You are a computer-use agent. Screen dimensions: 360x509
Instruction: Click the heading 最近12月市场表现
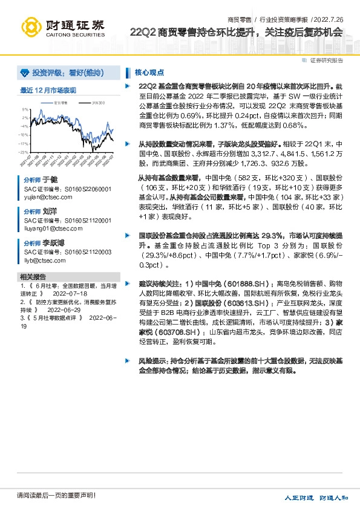point(48,91)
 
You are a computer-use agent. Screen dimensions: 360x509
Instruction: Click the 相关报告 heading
point(33,276)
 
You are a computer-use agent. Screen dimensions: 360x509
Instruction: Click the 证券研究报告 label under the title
point(326,60)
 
